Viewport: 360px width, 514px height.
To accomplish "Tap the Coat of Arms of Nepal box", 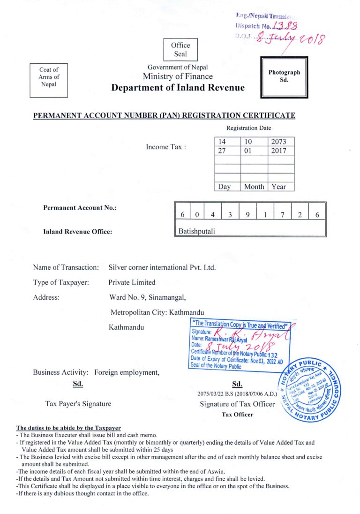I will pyautogui.click(x=49, y=77).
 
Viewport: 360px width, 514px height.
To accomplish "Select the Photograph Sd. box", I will pyautogui.click(x=284, y=77).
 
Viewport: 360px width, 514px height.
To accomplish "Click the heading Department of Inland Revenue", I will pyautogui.click(x=178, y=88).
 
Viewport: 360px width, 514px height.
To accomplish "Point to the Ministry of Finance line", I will pyautogui.click(x=178, y=76).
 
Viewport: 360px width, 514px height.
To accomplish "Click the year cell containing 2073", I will pyautogui.click(x=281, y=142).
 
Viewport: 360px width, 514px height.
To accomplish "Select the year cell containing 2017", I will pyautogui.click(x=281, y=151).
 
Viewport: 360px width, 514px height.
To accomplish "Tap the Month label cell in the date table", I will pyautogui.click(x=254, y=187).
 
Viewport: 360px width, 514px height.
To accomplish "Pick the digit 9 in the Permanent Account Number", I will pyautogui.click(x=247, y=215).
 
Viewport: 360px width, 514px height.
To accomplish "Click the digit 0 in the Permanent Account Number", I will pyautogui.click(x=197, y=215).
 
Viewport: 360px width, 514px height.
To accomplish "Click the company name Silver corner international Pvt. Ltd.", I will pyautogui.click(x=162, y=267).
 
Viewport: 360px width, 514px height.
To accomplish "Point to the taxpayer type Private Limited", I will pyautogui.click(x=132, y=282).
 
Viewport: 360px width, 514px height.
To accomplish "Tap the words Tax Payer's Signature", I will pyautogui.click(x=78, y=404).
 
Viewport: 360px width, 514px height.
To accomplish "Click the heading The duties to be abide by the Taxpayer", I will pyautogui.click(x=68, y=428).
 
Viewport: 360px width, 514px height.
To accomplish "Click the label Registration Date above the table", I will pyautogui.click(x=248, y=128).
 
